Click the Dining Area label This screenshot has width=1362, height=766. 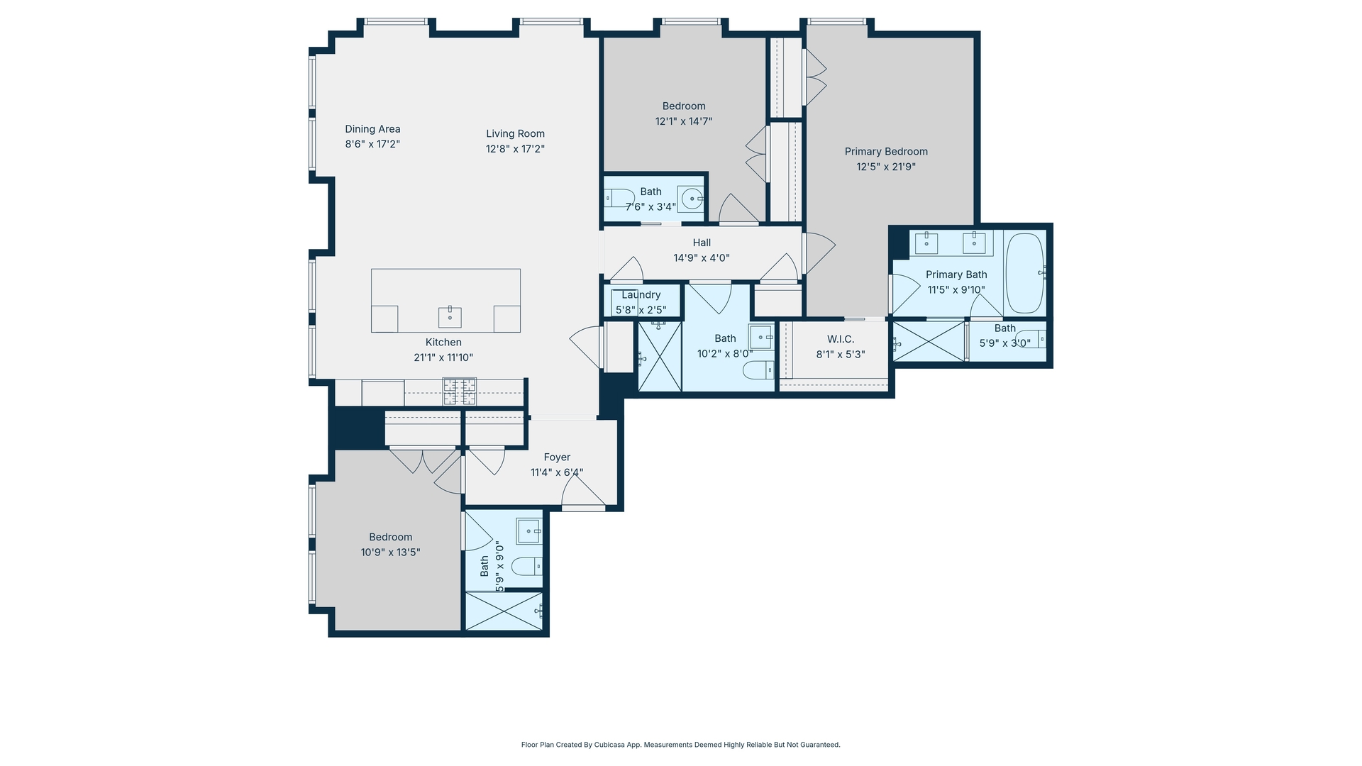pyautogui.click(x=372, y=129)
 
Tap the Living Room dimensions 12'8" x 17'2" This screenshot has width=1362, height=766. pyautogui.click(x=515, y=149)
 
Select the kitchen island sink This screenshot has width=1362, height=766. pyautogui.click(x=450, y=317)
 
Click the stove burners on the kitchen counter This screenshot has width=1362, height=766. pyautogui.click(x=459, y=392)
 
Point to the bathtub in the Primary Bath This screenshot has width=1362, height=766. pyautogui.click(x=1024, y=273)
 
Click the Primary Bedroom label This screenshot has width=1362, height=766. pyautogui.click(x=886, y=152)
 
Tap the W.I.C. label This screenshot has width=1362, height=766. pyautogui.click(x=840, y=340)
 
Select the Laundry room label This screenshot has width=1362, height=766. pyautogui.click(x=641, y=295)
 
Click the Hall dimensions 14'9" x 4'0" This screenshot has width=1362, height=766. pyautogui.click(x=701, y=258)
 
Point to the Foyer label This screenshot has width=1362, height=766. pyautogui.click(x=557, y=457)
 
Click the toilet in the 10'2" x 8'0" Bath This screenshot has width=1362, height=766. pyautogui.click(x=758, y=370)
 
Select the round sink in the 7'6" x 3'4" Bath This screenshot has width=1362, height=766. pyautogui.click(x=691, y=199)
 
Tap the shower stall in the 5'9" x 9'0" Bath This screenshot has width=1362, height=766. pyautogui.click(x=504, y=611)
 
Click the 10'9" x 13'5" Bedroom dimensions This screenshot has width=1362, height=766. pyautogui.click(x=390, y=553)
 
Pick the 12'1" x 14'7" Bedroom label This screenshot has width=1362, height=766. pyautogui.click(x=683, y=106)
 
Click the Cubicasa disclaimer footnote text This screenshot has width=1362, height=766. pyautogui.click(x=680, y=745)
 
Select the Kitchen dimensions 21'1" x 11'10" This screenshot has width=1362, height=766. pyautogui.click(x=443, y=358)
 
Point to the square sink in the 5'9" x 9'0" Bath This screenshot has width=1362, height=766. pyautogui.click(x=528, y=531)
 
